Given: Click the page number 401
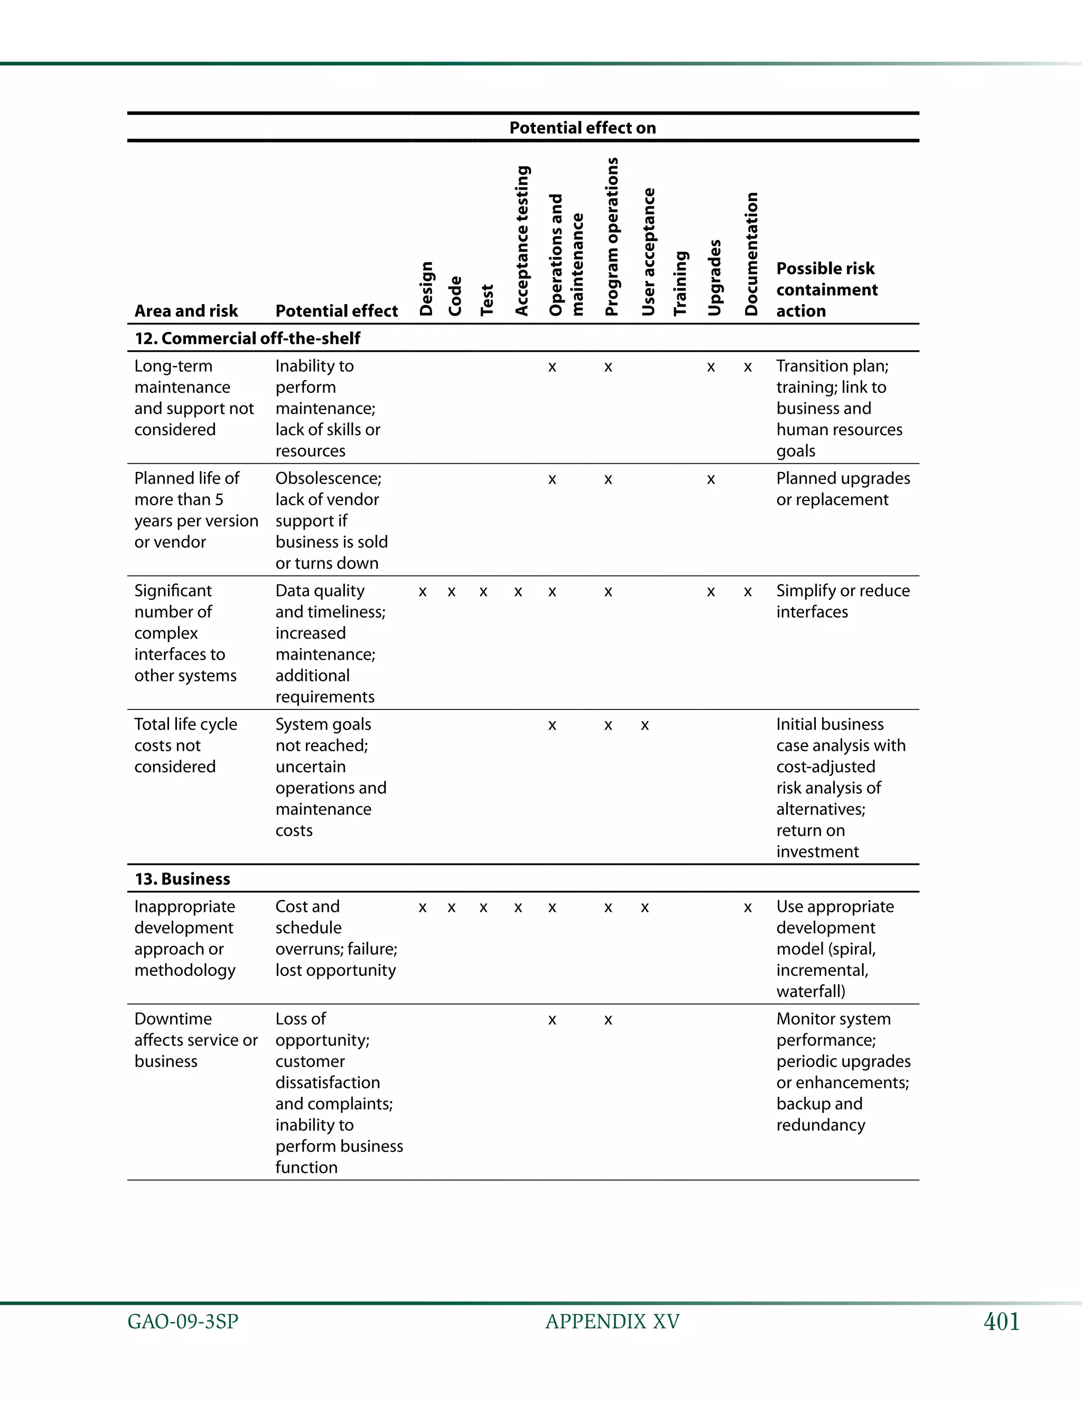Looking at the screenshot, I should click(1001, 1322).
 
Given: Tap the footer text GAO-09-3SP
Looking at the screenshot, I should click(183, 1322).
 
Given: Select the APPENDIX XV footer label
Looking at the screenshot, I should click(612, 1322).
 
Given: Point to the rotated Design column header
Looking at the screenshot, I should click(426, 289).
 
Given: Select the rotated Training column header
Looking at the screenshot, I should click(680, 283).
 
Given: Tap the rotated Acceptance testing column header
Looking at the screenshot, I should click(523, 241).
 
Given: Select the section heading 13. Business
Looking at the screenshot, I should click(182, 879).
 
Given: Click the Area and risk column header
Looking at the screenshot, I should click(186, 311).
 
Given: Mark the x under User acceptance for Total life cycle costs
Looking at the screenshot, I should click(645, 725).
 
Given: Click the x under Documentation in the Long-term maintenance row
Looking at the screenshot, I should click(748, 367).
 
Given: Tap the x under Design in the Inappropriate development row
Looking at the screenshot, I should click(423, 908).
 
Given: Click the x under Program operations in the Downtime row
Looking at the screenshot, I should click(608, 1020).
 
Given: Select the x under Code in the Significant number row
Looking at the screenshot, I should click(451, 592).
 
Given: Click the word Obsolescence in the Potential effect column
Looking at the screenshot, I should click(328, 478).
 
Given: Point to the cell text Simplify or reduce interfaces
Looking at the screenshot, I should click(842, 601).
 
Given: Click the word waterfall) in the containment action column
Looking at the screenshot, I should click(810, 991).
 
